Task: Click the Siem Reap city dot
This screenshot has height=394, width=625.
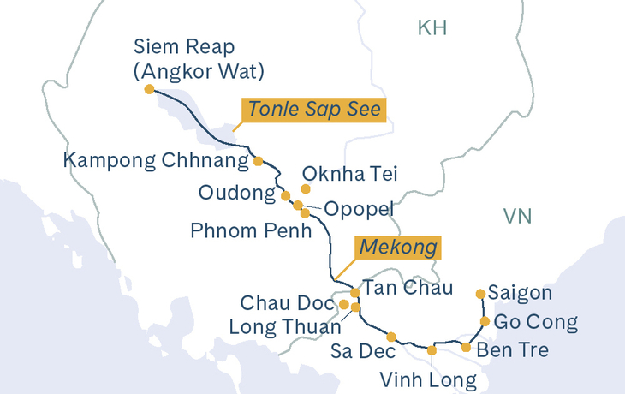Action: tap(150, 89)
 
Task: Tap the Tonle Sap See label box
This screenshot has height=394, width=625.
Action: tap(313, 110)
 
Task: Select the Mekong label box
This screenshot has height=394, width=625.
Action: tap(399, 248)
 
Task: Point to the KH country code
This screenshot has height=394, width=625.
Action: tap(432, 28)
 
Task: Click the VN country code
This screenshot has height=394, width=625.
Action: tap(517, 216)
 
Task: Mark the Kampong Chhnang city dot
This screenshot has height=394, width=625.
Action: tap(258, 160)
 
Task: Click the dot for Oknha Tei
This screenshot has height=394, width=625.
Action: tap(306, 188)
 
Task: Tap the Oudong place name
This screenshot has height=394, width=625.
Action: tap(235, 193)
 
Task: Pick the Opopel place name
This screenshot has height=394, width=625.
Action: tap(357, 209)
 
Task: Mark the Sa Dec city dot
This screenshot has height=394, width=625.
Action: tap(391, 337)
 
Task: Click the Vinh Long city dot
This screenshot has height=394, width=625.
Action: tap(432, 350)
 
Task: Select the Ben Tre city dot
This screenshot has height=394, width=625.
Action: tap(466, 347)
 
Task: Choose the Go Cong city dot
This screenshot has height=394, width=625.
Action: tap(485, 322)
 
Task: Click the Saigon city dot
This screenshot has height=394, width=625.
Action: tap(480, 294)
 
